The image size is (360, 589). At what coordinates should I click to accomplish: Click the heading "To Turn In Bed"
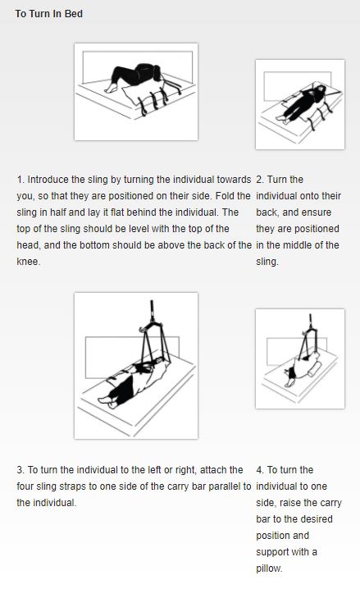click(x=49, y=14)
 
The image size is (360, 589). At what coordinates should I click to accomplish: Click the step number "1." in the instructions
click(x=21, y=180)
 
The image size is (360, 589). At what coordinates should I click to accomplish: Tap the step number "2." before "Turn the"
click(x=260, y=180)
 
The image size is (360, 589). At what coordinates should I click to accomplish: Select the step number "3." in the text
click(x=21, y=470)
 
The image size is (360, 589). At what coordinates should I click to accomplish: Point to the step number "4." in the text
click(x=260, y=470)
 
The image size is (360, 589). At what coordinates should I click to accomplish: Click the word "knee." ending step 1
click(x=28, y=262)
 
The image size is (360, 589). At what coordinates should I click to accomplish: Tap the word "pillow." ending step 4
click(x=269, y=568)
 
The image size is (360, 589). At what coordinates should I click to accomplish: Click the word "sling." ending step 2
click(x=267, y=262)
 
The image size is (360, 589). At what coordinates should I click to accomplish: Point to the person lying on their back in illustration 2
click(x=302, y=103)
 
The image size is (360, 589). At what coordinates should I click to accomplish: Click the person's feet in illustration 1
click(x=111, y=89)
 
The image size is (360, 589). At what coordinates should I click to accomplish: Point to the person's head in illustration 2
click(x=321, y=89)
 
